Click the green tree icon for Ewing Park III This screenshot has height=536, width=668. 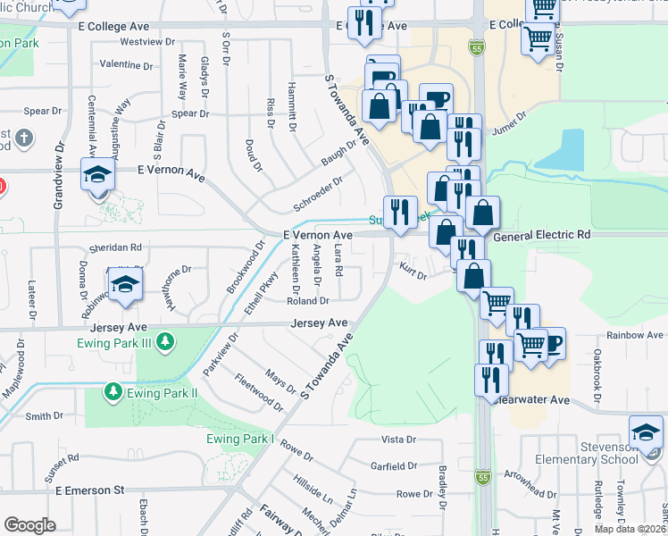[x=163, y=340]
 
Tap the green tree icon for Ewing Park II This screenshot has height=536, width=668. [x=113, y=391]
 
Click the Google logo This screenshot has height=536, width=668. [x=30, y=525]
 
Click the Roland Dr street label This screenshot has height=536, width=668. [x=308, y=301]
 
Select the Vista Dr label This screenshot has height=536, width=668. [x=399, y=440]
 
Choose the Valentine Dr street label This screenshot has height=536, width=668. [x=126, y=65]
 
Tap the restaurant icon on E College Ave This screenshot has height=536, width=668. [x=364, y=23]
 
